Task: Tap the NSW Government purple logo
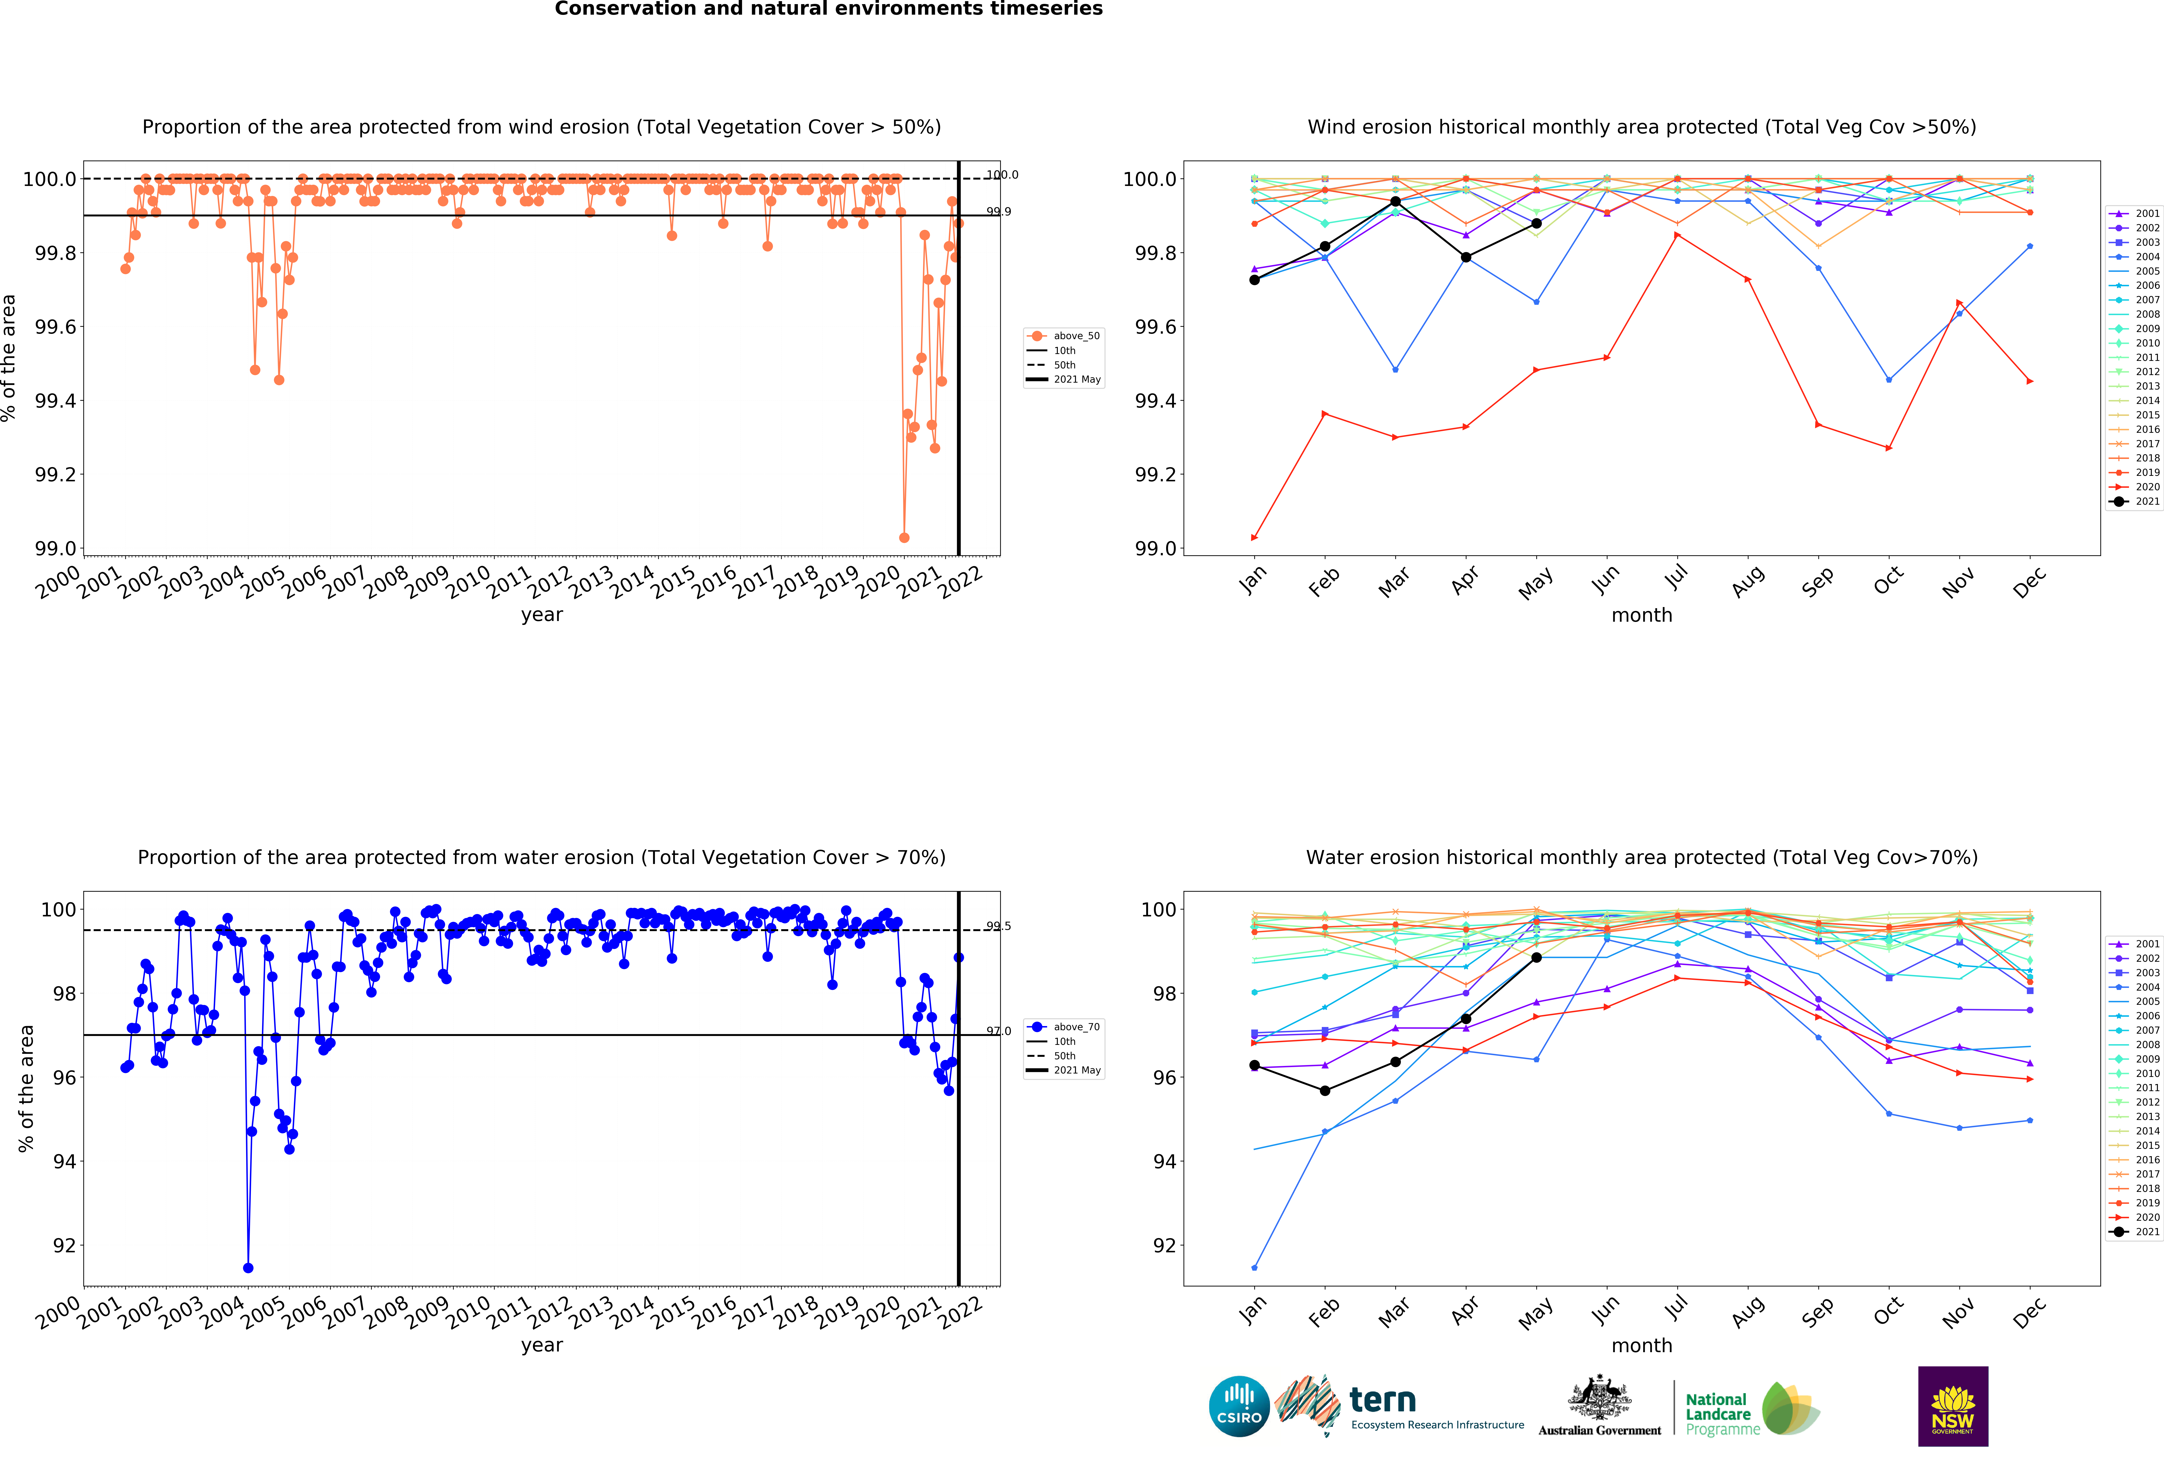[1953, 1406]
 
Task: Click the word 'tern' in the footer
[1383, 1400]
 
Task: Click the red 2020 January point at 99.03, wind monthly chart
[1254, 537]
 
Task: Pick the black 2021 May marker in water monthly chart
[1536, 957]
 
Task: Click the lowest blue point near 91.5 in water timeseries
[248, 1267]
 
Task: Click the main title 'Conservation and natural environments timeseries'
[829, 9]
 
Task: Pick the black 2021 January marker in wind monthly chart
[1254, 279]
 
